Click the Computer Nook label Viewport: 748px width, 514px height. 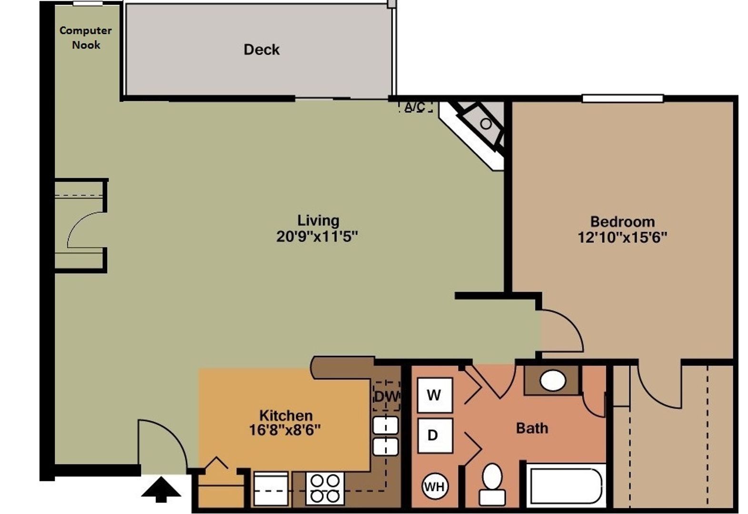(86, 38)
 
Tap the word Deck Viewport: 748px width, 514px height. (261, 49)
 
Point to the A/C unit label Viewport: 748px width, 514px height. (415, 107)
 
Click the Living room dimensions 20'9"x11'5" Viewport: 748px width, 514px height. (317, 237)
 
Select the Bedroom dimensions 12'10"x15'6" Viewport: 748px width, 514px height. (622, 237)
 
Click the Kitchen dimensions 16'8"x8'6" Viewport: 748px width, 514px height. (285, 430)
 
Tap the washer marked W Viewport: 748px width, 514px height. (434, 395)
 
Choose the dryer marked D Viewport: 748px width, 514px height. (433, 435)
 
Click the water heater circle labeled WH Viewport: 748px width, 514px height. (434, 486)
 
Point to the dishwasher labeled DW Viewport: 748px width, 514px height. (386, 396)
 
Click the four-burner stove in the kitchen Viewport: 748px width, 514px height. (325, 488)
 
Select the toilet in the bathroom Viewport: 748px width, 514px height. (492, 483)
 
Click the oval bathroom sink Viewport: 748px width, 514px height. (553, 381)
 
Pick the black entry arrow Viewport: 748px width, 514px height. (161, 490)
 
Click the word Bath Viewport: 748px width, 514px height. (532, 428)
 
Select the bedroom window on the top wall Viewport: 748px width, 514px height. (622, 99)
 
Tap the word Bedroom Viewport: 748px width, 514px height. (622, 221)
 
